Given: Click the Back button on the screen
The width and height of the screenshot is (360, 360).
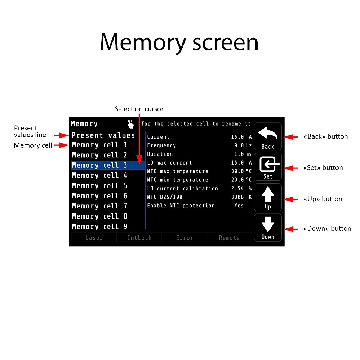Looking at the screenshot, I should click(x=268, y=136).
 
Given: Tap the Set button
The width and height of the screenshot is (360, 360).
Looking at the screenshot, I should click(x=268, y=167).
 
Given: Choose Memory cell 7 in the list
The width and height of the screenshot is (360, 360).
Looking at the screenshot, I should click(x=99, y=206).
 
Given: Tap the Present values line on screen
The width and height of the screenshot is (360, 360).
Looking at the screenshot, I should click(x=103, y=135).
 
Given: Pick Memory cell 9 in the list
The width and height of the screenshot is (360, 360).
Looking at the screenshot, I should click(x=99, y=226).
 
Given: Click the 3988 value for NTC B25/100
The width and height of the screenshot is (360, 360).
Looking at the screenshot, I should click(x=237, y=197).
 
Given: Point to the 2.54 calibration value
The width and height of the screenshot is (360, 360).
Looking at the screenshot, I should click(x=237, y=188).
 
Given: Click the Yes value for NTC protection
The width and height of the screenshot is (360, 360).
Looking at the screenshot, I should click(x=239, y=206).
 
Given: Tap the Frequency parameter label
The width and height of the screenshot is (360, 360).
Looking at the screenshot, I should click(x=161, y=145).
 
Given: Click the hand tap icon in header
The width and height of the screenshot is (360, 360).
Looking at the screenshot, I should click(x=130, y=124).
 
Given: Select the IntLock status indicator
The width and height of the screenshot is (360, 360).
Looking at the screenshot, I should click(x=139, y=238).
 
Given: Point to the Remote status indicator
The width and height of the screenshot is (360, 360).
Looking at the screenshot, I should click(x=229, y=238).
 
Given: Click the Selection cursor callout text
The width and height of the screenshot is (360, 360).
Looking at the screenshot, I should click(x=139, y=109).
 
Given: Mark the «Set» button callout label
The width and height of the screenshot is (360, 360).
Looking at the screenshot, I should click(x=323, y=168).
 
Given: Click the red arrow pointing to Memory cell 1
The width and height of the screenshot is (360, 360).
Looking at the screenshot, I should click(x=61, y=145).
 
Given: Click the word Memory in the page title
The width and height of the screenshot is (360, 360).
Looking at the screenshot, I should click(x=143, y=42).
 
